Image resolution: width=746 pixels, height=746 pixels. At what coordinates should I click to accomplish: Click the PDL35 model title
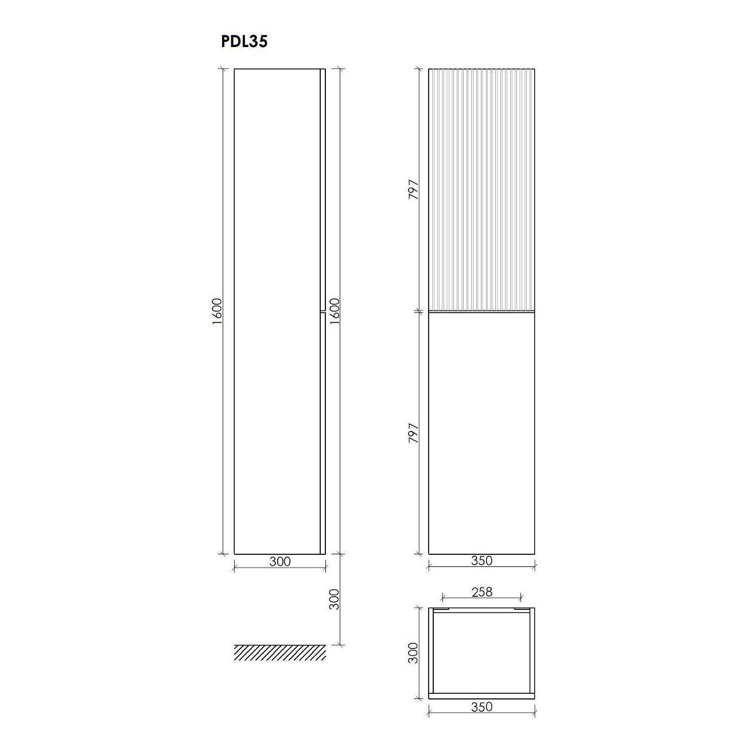pos(244,42)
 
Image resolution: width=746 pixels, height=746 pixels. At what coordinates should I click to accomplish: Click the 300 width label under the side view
pos(279,561)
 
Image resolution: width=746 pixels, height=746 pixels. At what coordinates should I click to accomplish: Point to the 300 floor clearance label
pos(334,599)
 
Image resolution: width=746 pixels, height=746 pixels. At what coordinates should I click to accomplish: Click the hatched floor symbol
pos(279,652)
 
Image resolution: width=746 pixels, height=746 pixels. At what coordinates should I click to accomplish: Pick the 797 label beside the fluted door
pos(414,189)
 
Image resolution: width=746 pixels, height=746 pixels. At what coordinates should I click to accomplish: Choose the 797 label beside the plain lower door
pos(414,433)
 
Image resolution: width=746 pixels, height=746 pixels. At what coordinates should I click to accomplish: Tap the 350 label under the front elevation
pos(481,561)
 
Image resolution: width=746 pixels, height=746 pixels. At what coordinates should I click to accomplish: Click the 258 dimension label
pos(481,592)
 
